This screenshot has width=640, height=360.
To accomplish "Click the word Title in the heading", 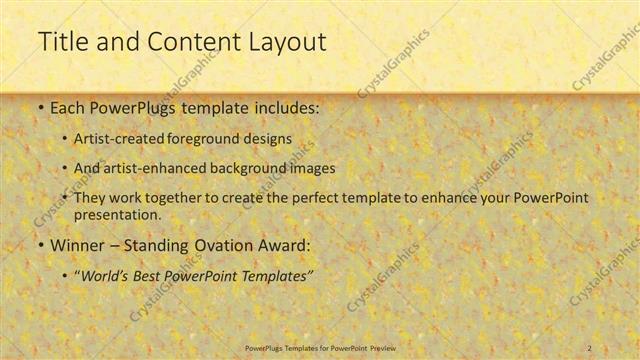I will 61,42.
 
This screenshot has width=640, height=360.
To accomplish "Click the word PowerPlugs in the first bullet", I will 131,106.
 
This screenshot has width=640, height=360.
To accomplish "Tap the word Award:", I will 285,244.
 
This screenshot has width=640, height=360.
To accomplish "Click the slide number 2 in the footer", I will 590,347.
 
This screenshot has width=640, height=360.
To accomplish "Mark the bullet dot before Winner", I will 39,244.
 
